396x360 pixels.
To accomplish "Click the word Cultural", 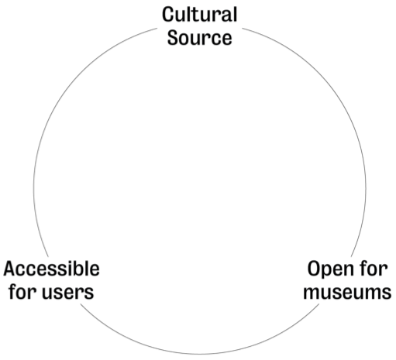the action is coord(199,15).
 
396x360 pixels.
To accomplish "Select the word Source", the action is coord(199,38).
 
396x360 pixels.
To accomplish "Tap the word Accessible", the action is coord(51,269).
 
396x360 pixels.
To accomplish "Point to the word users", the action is coord(68,292).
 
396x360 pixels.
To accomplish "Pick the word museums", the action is coord(347,292).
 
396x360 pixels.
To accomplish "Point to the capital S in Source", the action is coord(173,38).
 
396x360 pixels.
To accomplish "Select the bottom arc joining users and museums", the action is coord(200,354).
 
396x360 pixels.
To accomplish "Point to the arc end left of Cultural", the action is coord(157,28).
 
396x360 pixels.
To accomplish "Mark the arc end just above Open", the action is coord(351,256).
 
